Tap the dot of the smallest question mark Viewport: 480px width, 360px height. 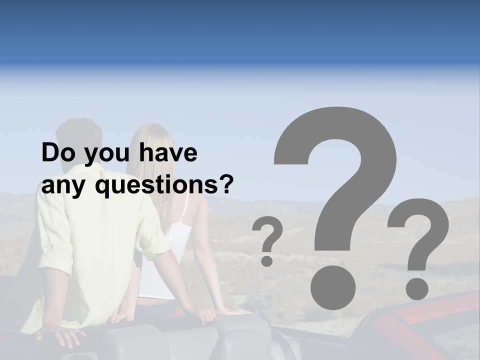click(x=267, y=260)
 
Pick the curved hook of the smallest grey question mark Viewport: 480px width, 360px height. click(x=270, y=232)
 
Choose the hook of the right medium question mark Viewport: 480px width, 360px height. click(x=422, y=225)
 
